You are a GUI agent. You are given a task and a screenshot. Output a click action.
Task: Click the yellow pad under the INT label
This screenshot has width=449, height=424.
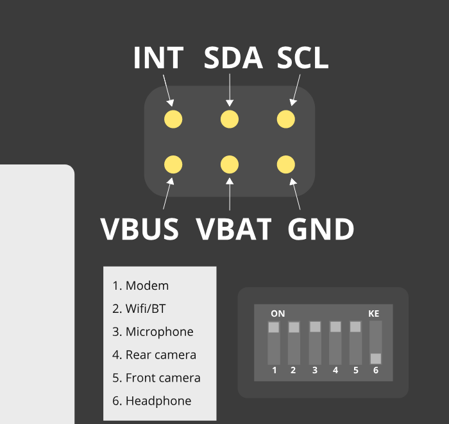[173, 119]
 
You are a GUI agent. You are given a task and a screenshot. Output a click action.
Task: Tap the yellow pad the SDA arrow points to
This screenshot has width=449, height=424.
[230, 119]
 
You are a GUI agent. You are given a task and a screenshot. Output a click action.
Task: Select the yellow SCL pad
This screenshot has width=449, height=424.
[285, 119]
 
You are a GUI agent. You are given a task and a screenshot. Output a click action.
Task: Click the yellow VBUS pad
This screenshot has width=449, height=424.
[173, 165]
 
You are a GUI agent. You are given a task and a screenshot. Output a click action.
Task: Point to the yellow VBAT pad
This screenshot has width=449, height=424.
[230, 165]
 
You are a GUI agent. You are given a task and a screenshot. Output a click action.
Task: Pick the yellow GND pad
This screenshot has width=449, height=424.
[285, 165]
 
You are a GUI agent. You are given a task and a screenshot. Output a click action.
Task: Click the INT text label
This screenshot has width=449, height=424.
[158, 58]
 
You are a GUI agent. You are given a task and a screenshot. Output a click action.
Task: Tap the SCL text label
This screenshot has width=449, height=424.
[303, 58]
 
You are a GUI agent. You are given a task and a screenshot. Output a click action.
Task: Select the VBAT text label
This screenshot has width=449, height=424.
[233, 229]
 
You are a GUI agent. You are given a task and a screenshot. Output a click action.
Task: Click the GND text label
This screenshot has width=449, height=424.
[321, 229]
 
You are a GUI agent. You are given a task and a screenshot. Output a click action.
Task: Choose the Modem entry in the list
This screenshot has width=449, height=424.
[140, 286]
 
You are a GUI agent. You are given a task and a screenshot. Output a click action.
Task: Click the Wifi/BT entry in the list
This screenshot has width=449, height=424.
[139, 309]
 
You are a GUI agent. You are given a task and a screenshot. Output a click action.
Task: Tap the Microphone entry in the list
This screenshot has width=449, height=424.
[153, 332]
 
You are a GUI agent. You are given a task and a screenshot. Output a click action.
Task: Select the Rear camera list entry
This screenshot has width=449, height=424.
[154, 355]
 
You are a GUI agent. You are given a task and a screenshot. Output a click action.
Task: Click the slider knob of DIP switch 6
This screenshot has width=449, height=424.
[376, 358]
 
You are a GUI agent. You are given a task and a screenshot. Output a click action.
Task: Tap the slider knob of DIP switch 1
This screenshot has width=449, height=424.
[274, 328]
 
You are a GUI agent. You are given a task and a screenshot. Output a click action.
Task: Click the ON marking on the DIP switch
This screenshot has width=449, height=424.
[278, 314]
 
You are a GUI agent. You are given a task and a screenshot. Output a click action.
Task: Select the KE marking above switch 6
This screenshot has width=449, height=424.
[374, 314]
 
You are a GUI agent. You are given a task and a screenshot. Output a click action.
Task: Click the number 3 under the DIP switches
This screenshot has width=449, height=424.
[315, 370]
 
